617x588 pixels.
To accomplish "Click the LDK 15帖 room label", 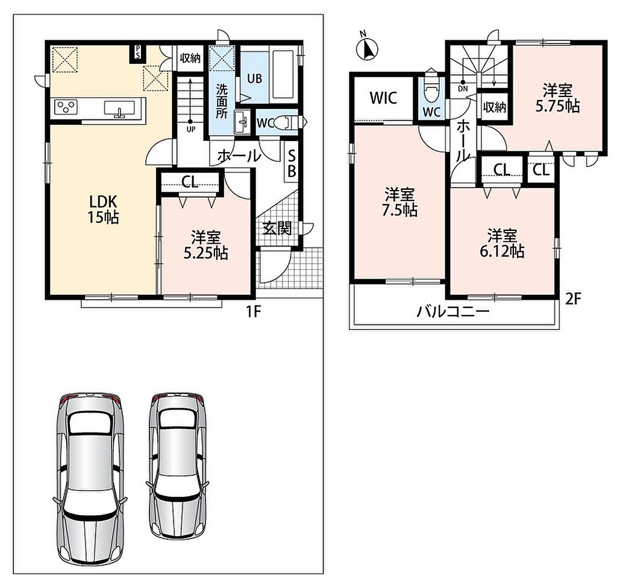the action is point(103,209).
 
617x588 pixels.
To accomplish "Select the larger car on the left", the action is point(90,478).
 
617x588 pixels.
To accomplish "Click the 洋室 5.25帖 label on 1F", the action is point(206,245).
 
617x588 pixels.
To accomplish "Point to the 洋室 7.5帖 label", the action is point(399,203).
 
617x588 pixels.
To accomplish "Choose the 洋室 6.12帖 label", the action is point(502,243).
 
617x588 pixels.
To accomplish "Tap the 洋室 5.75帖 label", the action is point(557,98).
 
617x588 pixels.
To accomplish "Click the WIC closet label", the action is point(384,98).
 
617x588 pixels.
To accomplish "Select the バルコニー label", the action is point(453,312).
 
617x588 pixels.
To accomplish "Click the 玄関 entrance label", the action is point(277,228).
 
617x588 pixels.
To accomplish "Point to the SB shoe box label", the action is point(292,164).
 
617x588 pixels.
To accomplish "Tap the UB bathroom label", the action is point(255,78).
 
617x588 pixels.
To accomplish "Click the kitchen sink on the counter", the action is point(119,109).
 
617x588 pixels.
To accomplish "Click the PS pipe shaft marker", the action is point(138,52).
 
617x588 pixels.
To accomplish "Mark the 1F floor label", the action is point(254,312).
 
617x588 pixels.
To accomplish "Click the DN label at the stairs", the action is point(463,89).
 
